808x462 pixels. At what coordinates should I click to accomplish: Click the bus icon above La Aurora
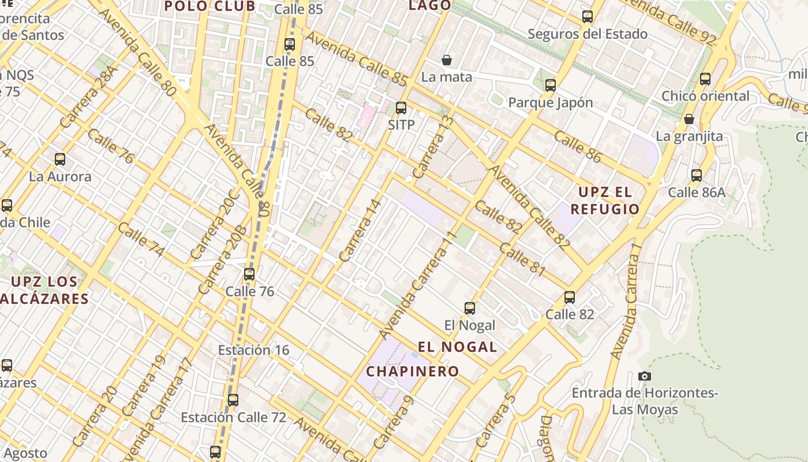pyautogui.click(x=59, y=159)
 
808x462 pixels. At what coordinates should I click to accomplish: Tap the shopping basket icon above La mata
pyautogui.click(x=446, y=60)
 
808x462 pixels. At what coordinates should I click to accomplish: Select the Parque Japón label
pyautogui.click(x=550, y=103)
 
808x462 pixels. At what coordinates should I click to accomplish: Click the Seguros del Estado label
pyautogui.click(x=588, y=34)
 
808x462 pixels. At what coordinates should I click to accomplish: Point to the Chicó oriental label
pyautogui.click(x=705, y=96)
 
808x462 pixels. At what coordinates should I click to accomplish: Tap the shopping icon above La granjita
pyautogui.click(x=689, y=120)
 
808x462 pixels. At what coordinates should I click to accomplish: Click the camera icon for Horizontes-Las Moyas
pyautogui.click(x=645, y=377)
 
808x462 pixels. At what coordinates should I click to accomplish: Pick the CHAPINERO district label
pyautogui.click(x=413, y=371)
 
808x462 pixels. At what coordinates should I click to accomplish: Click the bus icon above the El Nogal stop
pyautogui.click(x=470, y=308)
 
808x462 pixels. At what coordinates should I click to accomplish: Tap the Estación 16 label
pyautogui.click(x=253, y=350)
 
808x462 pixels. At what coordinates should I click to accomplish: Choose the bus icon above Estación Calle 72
pyautogui.click(x=233, y=400)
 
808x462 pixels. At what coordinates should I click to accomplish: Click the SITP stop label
pyautogui.click(x=401, y=125)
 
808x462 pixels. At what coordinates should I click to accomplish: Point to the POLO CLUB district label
pyautogui.click(x=210, y=6)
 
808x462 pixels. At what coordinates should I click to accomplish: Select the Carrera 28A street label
pyautogui.click(x=88, y=97)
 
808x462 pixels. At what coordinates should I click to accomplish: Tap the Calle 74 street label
pyautogui.click(x=141, y=239)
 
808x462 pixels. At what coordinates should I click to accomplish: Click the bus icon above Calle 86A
pyautogui.click(x=697, y=176)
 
